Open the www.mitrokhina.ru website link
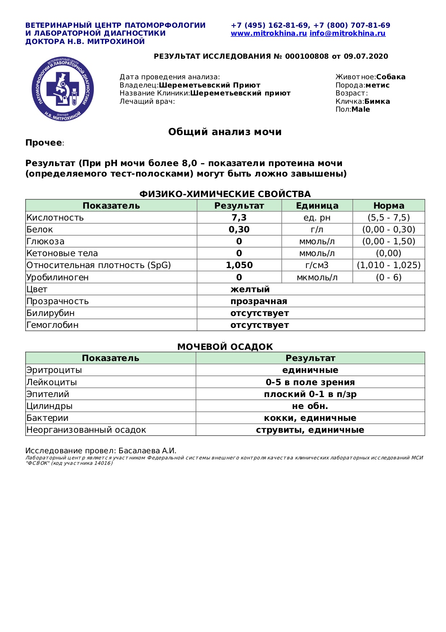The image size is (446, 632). point(269,34)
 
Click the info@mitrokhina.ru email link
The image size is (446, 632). point(347,34)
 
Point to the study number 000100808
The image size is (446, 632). point(307,56)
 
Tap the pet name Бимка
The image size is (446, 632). point(377,101)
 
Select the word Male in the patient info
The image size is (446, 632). point(361,110)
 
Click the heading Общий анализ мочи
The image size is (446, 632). point(225,132)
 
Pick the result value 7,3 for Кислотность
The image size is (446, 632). point(239,218)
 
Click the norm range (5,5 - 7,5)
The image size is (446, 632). point(388,218)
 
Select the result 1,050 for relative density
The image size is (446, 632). point(239,265)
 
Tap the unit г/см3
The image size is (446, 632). point(317,265)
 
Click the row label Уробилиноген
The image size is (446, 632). point(58,277)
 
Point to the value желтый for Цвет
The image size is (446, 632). point(250,289)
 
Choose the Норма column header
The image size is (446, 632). point(388,206)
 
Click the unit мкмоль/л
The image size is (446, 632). point(317,277)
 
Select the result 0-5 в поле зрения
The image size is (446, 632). point(310,382)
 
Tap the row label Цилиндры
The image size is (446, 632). point(49,406)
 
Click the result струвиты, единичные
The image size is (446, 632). point(310,430)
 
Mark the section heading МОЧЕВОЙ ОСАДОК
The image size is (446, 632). point(225,347)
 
